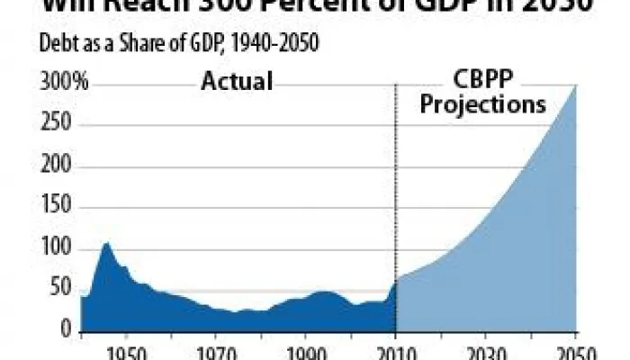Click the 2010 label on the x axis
[x=396, y=351]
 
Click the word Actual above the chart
[x=236, y=83]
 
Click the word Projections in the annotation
[x=483, y=104]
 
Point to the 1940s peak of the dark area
[x=106, y=243]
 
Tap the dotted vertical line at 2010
[x=396, y=180]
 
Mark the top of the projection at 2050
[x=575, y=87]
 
